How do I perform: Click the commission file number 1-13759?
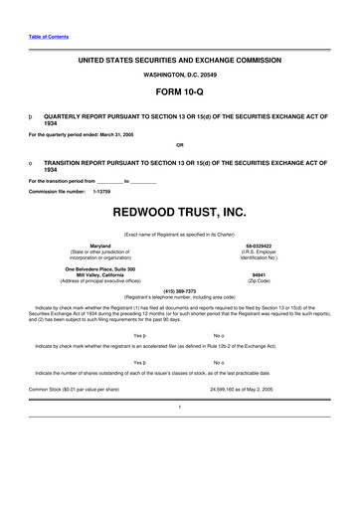click(x=100, y=190)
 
